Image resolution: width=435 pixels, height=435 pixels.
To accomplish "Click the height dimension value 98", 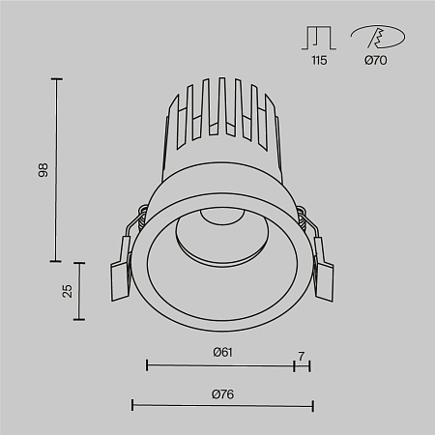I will click(x=43, y=170).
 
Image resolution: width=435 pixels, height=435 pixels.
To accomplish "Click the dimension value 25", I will click(x=67, y=291).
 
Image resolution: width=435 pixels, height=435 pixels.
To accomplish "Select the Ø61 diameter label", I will click(x=223, y=353).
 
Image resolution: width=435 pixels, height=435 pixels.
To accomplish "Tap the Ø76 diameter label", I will click(x=223, y=393).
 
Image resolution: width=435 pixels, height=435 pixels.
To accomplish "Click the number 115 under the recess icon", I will click(x=319, y=60).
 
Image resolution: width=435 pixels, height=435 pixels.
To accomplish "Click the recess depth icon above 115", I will click(x=319, y=37).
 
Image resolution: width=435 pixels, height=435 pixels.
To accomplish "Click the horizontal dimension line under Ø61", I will click(x=220, y=365).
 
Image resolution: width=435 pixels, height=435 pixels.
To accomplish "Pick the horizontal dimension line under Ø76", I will click(x=222, y=406).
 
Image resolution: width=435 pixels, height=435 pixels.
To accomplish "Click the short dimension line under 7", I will click(x=303, y=365).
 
